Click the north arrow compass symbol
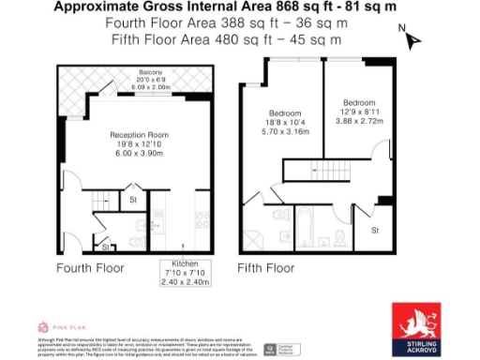410,38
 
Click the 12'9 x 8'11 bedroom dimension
359,112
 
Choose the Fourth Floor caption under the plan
90,268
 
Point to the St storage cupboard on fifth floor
374,230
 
